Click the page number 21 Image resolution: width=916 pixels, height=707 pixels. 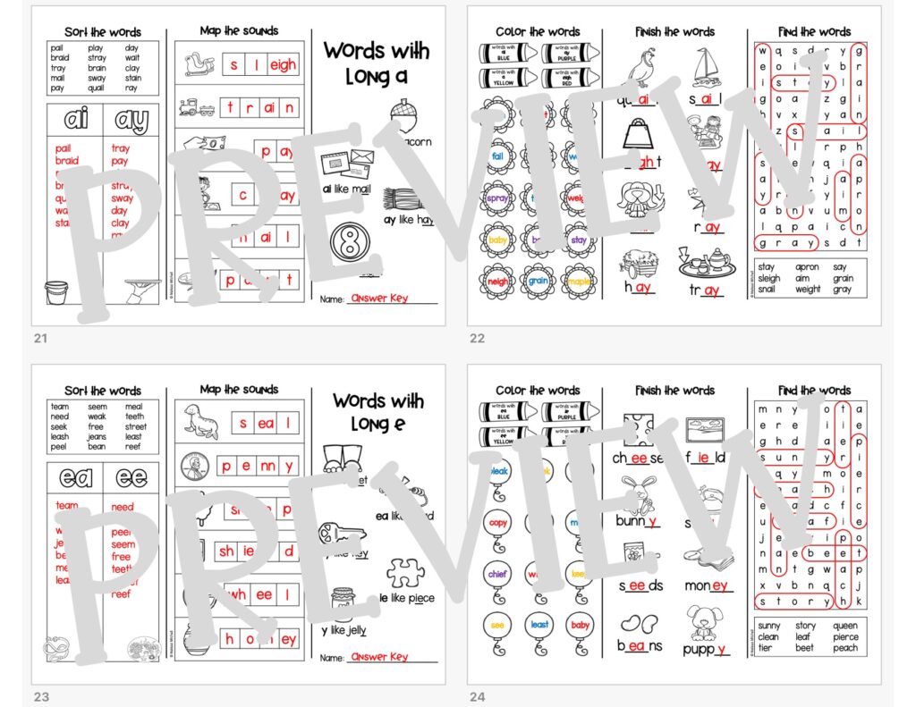pos(39,338)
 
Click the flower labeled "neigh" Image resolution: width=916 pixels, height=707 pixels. pos(498,282)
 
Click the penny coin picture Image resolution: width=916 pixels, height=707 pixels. pos(196,465)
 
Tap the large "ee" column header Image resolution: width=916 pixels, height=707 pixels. pos(131,477)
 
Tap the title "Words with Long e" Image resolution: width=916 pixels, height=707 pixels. pos(377,412)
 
